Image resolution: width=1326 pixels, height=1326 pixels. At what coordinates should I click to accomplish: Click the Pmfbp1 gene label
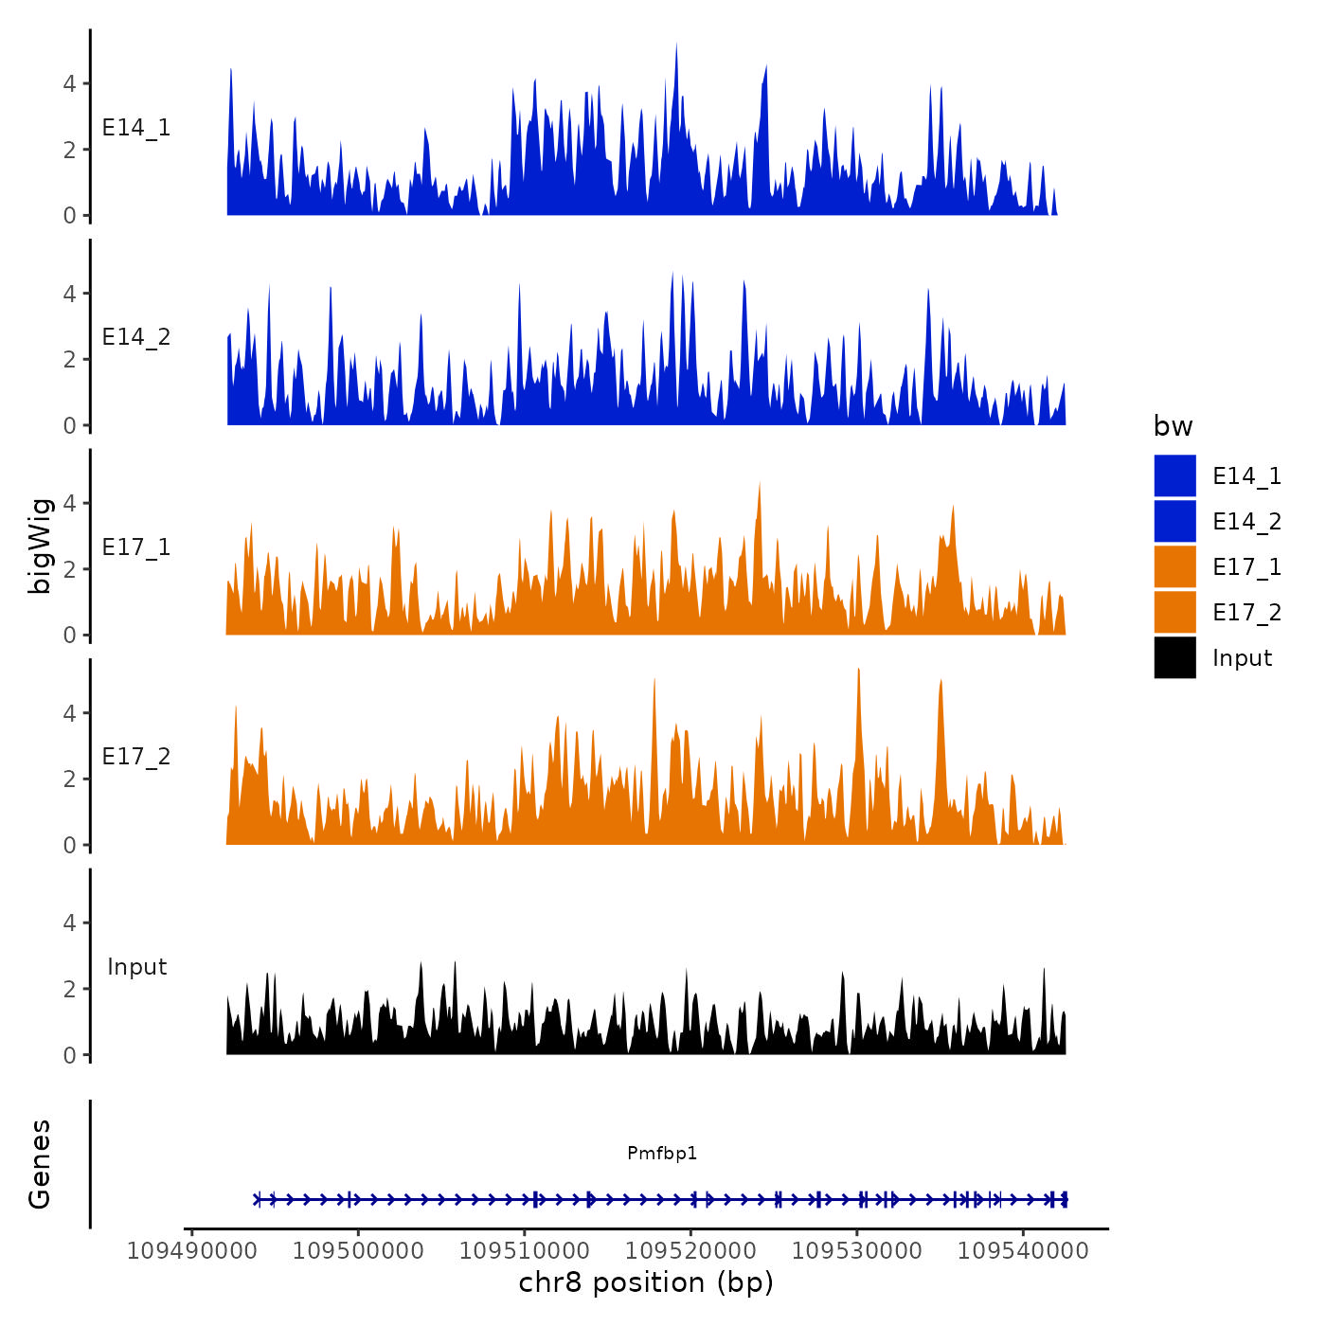[x=662, y=1153]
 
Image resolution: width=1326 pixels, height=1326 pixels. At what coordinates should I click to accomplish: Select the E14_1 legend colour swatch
[x=1174, y=475]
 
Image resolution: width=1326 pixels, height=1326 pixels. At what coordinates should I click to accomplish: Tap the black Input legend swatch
[x=1174, y=657]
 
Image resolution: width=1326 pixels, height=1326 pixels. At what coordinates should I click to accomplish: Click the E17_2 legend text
[x=1246, y=613]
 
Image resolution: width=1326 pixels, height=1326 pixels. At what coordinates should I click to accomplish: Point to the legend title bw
[x=1173, y=426]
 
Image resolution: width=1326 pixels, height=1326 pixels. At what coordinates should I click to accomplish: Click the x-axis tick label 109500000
[x=358, y=1251]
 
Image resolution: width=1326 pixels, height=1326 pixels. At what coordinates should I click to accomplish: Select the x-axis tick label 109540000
[x=1023, y=1251]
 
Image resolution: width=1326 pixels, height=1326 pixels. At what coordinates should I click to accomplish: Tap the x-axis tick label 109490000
[x=192, y=1251]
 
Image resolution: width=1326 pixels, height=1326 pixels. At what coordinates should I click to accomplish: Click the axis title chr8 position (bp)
[x=646, y=1282]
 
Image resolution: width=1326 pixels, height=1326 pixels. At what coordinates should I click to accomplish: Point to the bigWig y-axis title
[x=40, y=546]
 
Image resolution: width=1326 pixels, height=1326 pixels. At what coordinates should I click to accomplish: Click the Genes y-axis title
[x=40, y=1164]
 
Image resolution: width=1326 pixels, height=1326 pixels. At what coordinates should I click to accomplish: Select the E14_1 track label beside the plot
[x=136, y=128]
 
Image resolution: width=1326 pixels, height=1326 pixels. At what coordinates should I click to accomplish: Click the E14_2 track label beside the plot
[x=136, y=337]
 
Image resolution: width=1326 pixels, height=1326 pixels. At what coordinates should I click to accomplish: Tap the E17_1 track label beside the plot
[x=136, y=547]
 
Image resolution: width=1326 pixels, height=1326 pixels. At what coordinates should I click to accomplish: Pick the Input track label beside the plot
[x=136, y=967]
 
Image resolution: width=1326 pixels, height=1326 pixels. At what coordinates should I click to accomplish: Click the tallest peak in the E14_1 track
[x=676, y=45]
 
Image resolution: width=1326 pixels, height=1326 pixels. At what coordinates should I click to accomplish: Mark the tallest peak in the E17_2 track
[x=858, y=670]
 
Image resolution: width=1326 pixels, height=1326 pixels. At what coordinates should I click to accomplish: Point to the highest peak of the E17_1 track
[x=760, y=484]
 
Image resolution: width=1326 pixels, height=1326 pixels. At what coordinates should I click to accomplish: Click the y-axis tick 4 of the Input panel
[x=69, y=923]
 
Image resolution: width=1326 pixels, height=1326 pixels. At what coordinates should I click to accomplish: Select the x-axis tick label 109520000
[x=690, y=1251]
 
